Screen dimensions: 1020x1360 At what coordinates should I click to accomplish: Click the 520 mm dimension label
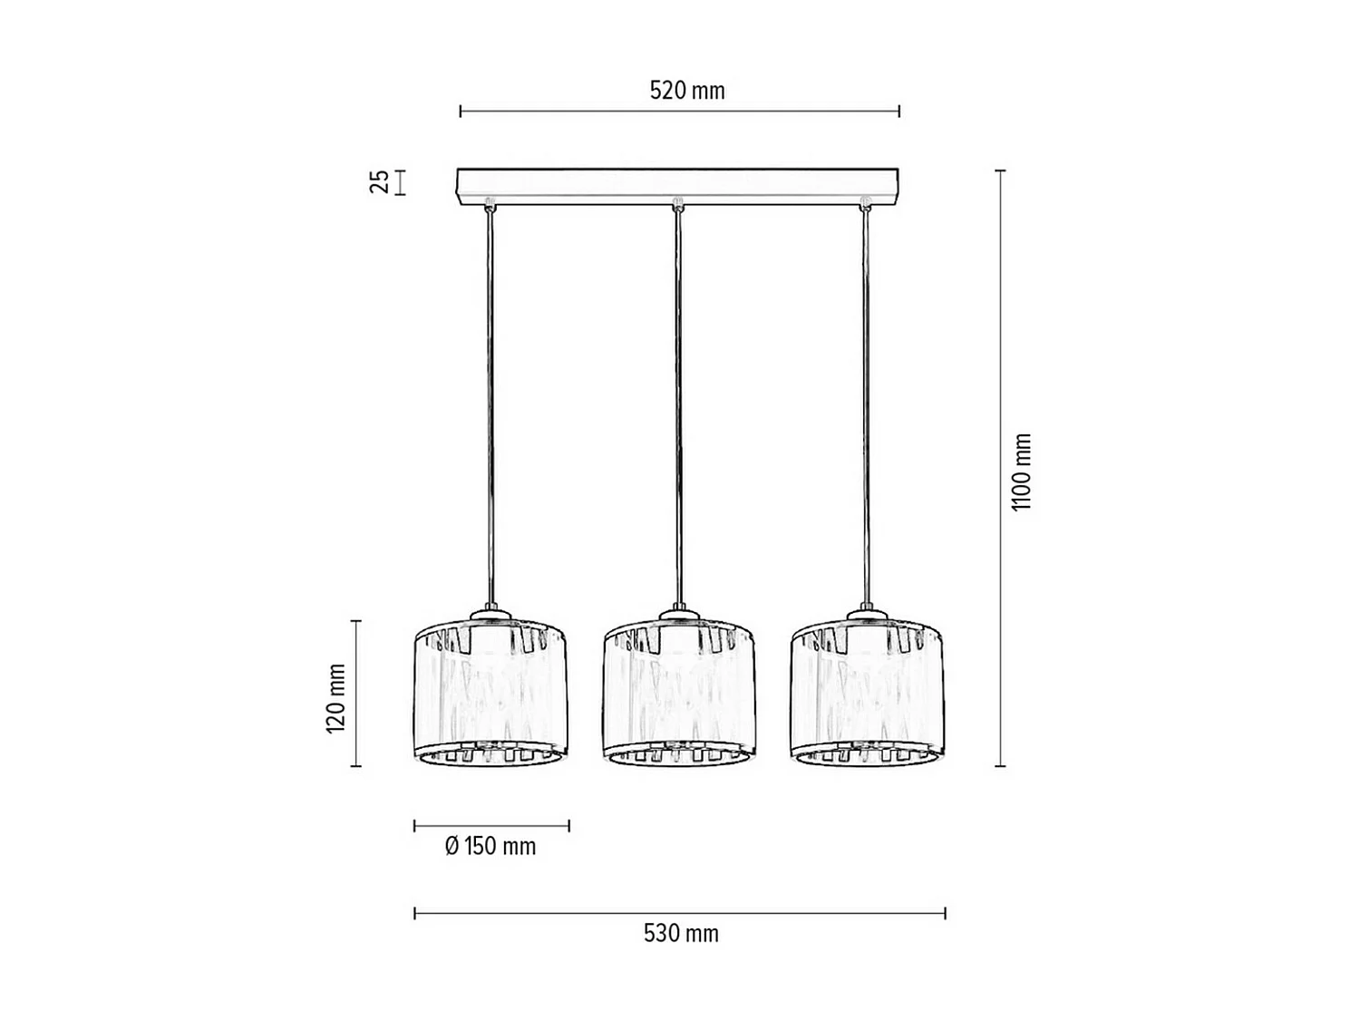[687, 91]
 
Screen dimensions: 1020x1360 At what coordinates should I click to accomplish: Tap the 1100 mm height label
[1022, 471]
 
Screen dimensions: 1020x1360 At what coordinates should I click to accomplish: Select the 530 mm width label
[681, 933]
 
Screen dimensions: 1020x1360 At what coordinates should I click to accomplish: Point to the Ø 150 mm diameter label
[491, 847]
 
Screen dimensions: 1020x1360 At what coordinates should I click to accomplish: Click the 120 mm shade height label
[335, 697]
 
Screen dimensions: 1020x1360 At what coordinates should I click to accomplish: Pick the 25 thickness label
[380, 181]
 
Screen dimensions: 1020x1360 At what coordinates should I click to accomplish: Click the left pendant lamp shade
[491, 694]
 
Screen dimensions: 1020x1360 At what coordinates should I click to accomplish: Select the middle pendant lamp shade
[680, 694]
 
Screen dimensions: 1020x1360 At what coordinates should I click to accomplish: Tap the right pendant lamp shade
[868, 694]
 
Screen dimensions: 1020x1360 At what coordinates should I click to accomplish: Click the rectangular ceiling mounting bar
[677, 186]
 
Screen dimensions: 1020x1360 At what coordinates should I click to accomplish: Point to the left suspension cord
[491, 408]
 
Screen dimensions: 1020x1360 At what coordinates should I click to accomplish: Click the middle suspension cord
[677, 408]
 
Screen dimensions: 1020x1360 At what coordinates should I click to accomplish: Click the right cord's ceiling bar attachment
[864, 203]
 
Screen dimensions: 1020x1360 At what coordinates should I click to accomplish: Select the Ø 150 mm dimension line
[491, 825]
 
